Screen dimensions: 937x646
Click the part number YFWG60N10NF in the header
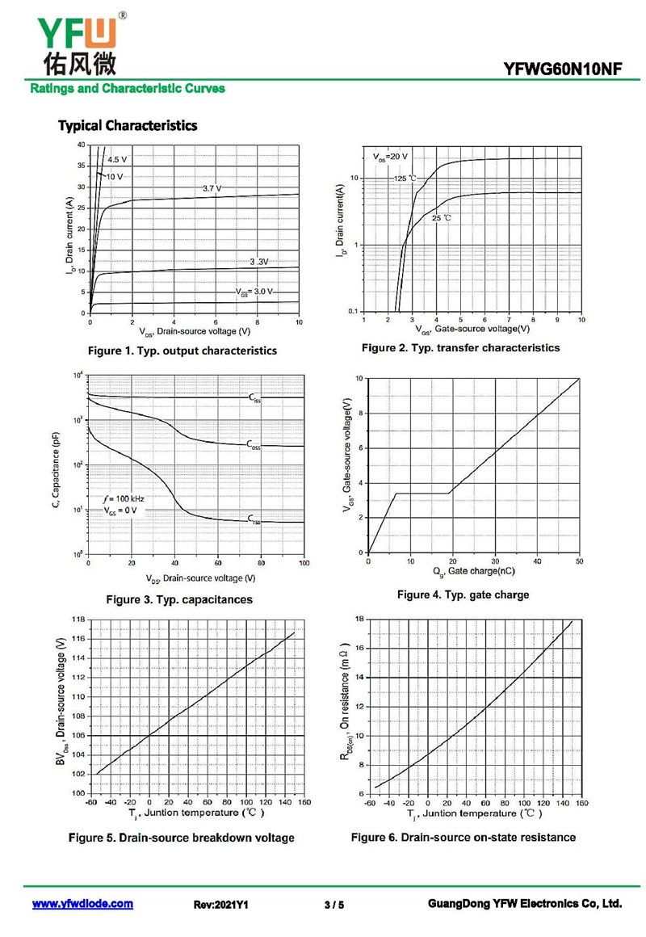click(562, 69)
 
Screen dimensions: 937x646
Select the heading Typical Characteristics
click(128, 126)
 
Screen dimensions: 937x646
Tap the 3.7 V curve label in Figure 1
click(212, 188)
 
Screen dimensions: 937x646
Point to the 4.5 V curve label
click(117, 159)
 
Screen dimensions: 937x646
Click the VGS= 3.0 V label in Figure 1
click(254, 292)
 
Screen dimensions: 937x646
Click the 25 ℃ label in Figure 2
click(442, 218)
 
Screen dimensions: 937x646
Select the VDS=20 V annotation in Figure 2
click(390, 156)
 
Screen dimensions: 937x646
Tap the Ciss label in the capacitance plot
click(254, 397)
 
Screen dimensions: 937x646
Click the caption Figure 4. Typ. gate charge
click(463, 595)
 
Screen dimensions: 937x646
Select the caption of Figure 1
click(182, 351)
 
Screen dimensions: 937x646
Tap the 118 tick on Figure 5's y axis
click(78, 620)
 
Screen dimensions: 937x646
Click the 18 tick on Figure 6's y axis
click(358, 619)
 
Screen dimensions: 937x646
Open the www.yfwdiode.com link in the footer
click(82, 904)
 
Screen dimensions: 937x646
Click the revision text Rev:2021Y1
click(220, 905)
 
